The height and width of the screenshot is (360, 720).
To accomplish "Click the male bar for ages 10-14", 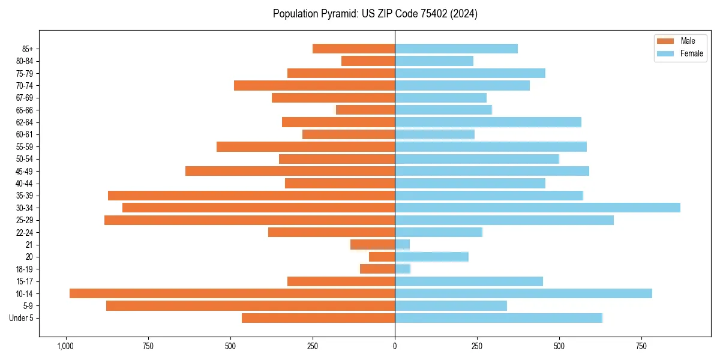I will tap(232, 293).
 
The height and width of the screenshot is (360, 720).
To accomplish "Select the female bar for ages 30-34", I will tap(538, 208).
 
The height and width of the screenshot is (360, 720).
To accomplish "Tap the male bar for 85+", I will tap(354, 49).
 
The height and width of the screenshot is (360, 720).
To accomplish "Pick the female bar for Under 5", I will tap(499, 318).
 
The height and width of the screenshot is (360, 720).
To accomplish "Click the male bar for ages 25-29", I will tap(250, 220).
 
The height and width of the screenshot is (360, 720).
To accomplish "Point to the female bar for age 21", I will tap(403, 245).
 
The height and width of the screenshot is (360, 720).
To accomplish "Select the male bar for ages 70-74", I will tap(314, 85).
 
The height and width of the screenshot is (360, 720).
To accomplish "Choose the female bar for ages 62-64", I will tap(488, 122).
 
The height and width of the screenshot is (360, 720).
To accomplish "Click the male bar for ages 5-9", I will tap(251, 306).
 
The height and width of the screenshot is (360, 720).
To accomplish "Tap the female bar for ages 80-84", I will tap(434, 61).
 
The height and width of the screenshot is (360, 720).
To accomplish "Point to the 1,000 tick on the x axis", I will tap(65, 346).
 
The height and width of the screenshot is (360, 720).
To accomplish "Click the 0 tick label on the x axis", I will tap(395, 346).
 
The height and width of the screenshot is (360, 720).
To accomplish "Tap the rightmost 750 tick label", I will tap(641, 346).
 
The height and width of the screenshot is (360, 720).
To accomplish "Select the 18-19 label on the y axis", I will tap(24, 269).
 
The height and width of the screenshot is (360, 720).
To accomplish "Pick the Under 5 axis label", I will tap(21, 318).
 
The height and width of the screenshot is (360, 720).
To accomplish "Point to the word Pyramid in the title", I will tap(337, 14).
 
